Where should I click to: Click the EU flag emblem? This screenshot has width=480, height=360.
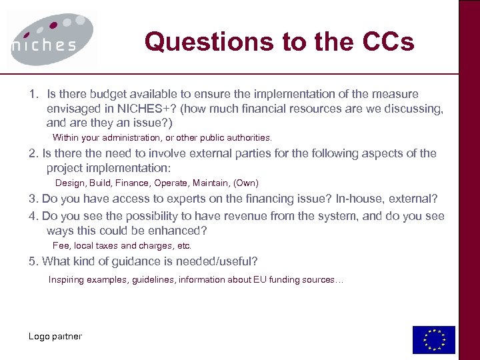click(x=433, y=340)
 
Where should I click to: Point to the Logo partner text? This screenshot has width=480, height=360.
click(x=55, y=336)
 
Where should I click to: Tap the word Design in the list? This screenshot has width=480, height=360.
click(x=69, y=183)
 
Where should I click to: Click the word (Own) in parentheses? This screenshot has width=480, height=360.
click(x=245, y=183)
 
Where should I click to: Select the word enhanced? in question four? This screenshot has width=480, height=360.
click(x=179, y=231)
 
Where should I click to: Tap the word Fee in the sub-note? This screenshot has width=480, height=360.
click(x=61, y=246)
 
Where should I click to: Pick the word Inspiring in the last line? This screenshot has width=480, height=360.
click(x=66, y=280)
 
